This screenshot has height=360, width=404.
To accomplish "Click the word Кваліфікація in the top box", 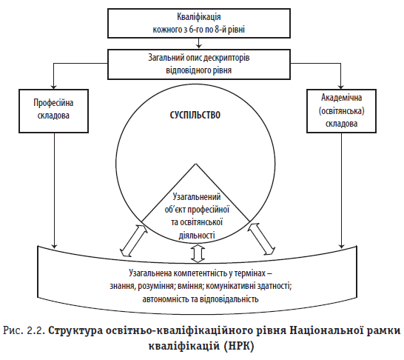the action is (x=199, y=17).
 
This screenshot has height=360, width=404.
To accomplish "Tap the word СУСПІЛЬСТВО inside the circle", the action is (x=195, y=115).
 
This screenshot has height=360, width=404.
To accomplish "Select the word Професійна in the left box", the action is (x=53, y=103).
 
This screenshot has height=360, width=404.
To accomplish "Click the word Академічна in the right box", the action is (x=341, y=98).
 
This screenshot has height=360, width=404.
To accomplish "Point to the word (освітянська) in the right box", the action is (x=341, y=111).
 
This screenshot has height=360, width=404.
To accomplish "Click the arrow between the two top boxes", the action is (x=198, y=43).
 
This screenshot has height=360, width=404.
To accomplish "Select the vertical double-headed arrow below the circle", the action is (x=198, y=254).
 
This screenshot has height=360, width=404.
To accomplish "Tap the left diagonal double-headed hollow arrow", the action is (x=134, y=240).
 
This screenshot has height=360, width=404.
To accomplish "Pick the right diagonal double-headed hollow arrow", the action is (x=261, y=239).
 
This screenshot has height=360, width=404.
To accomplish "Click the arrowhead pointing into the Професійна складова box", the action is (x=53, y=87).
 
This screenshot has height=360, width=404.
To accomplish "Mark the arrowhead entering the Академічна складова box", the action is (x=341, y=87).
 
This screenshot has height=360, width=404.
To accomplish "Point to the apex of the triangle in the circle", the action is (x=195, y=164).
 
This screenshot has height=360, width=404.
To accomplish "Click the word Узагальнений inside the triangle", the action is (x=197, y=197).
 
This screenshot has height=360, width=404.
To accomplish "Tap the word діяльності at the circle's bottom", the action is (x=197, y=236).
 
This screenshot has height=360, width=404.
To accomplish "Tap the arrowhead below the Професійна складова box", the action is (x=54, y=245).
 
